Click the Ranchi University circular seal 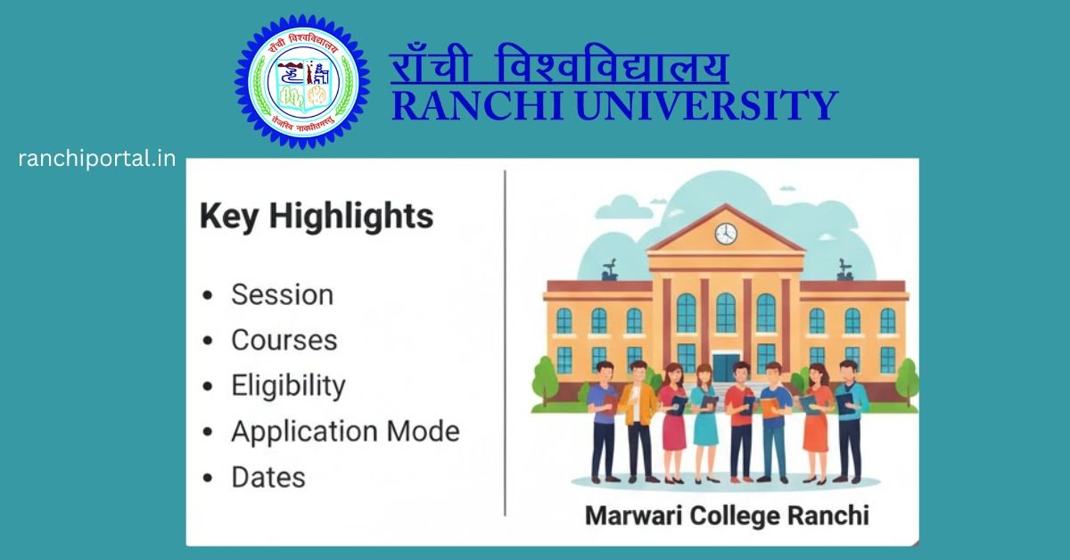302,82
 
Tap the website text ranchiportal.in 96,159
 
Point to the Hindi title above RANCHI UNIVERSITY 559,68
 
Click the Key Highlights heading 317,217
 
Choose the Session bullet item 282,295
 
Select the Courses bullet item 284,341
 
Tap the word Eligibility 288,386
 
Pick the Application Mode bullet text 345,432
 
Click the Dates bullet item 268,477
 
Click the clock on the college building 726,234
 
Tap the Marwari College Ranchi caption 726,515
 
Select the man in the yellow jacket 639,419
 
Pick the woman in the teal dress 704,424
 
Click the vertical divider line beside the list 505,343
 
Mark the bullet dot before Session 208,296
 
